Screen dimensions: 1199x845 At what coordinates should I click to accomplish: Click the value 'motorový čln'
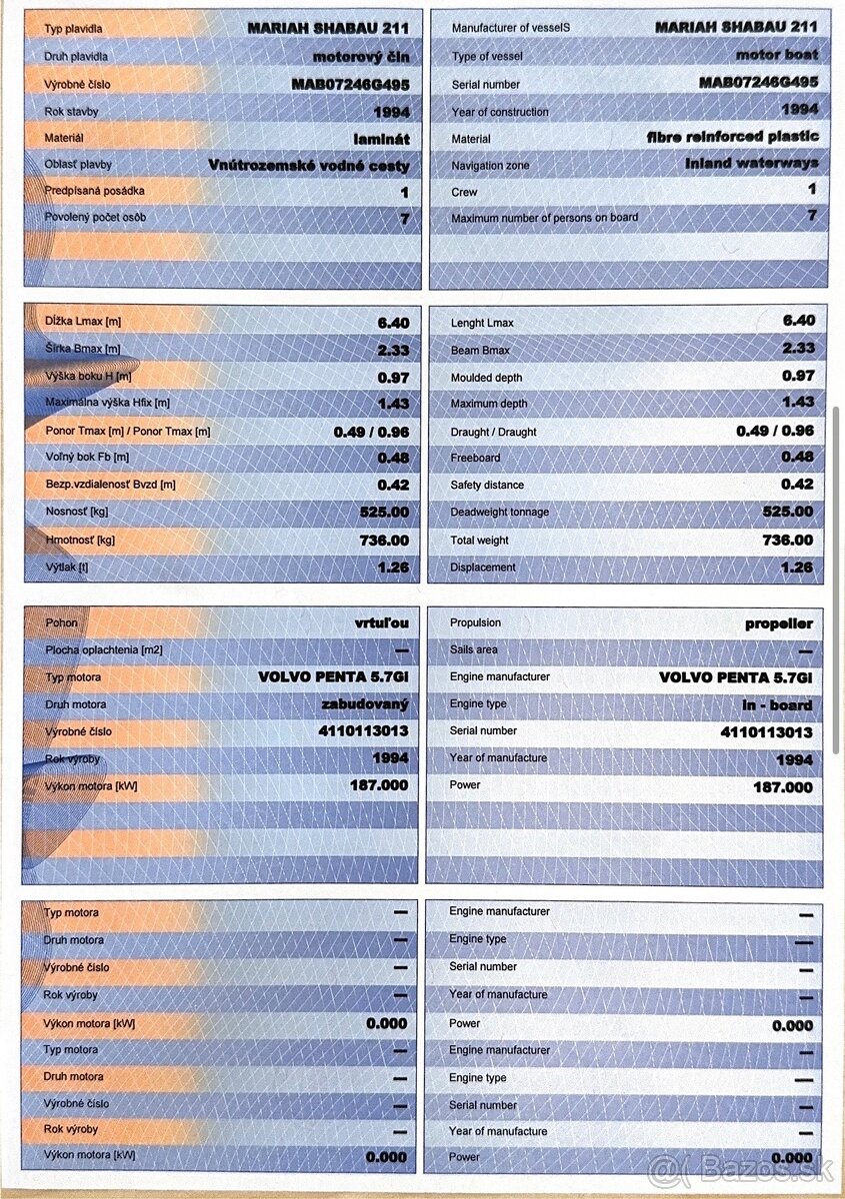(x=361, y=57)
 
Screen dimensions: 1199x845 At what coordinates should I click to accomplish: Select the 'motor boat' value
(x=777, y=55)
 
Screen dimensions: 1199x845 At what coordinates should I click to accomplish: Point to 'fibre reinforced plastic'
(x=733, y=136)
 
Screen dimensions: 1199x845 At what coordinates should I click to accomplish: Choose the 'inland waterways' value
(x=752, y=163)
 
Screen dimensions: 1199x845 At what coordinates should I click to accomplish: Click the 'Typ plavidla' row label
(x=73, y=30)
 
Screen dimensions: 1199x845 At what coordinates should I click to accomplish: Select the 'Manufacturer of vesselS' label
(x=510, y=28)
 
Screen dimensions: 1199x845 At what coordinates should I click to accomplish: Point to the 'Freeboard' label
(x=475, y=458)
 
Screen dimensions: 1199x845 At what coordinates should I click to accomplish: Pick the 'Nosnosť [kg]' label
(x=77, y=513)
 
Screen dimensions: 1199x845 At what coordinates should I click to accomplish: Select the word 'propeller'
(x=779, y=623)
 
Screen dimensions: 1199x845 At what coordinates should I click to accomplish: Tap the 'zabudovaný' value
(x=365, y=705)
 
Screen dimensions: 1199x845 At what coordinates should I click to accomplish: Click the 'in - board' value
(x=778, y=705)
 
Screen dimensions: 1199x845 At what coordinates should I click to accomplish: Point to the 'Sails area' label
(x=473, y=649)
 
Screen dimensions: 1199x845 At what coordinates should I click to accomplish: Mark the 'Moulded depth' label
(x=486, y=378)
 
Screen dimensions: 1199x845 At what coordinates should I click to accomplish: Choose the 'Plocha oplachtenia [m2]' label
(x=103, y=650)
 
